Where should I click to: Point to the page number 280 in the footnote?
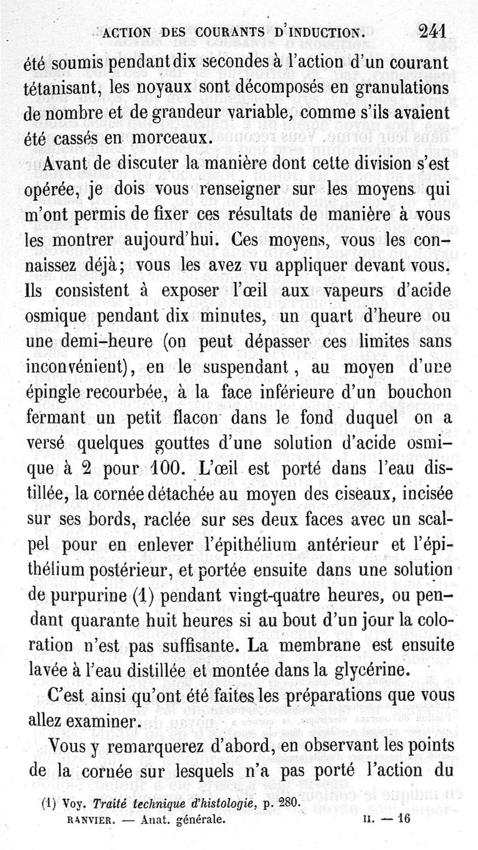coord(287,803)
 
